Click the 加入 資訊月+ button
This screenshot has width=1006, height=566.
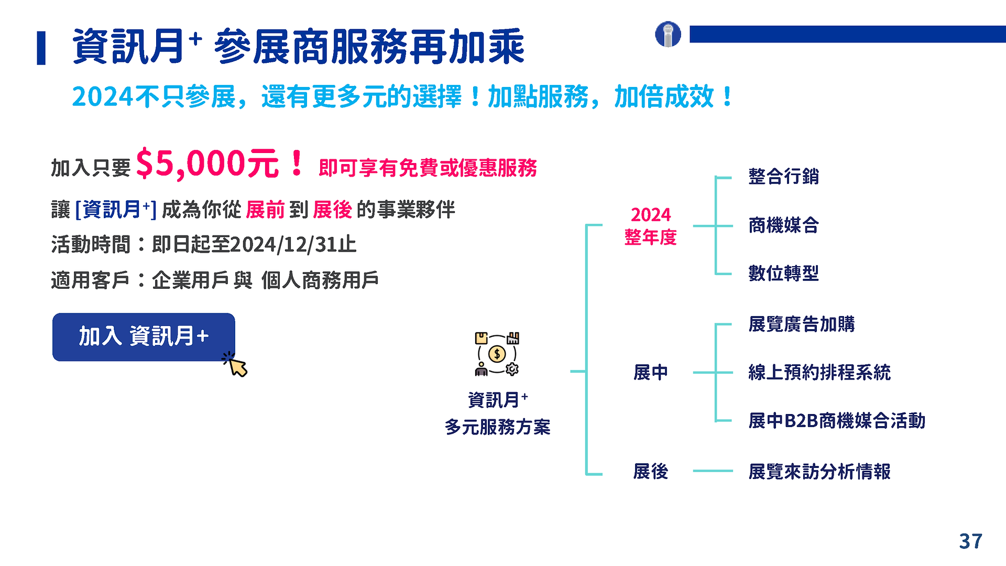(x=144, y=337)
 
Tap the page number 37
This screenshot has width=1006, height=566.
(x=970, y=541)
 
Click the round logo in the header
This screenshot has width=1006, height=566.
(x=668, y=35)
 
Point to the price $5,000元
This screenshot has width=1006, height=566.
(x=207, y=164)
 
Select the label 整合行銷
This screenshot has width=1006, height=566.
(x=783, y=177)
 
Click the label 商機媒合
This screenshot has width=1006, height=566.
(x=783, y=225)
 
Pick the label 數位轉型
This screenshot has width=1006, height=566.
(x=783, y=273)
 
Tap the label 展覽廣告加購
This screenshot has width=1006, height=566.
(x=801, y=324)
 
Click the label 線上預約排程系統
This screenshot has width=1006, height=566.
(x=819, y=373)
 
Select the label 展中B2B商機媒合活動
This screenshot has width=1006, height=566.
(x=837, y=421)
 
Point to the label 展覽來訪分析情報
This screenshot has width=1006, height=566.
(x=819, y=472)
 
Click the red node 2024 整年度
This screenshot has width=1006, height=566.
(x=651, y=226)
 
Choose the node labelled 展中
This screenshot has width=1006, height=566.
(x=651, y=373)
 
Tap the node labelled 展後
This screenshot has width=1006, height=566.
(x=651, y=472)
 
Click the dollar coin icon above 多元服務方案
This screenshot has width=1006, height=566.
(x=497, y=354)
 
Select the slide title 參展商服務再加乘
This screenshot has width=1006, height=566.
(x=369, y=47)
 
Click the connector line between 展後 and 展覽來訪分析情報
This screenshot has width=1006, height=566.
(x=713, y=471)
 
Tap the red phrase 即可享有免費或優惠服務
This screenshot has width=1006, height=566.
(x=428, y=168)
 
